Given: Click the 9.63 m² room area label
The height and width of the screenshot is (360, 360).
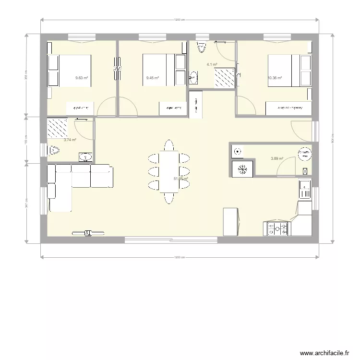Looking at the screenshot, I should [82, 78].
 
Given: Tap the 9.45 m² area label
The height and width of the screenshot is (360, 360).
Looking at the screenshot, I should [153, 78].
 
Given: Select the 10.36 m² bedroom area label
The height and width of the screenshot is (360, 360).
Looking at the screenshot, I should [275, 78].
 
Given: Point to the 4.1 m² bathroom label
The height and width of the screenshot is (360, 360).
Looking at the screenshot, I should [212, 64].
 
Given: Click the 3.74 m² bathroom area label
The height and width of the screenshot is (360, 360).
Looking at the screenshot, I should [70, 140].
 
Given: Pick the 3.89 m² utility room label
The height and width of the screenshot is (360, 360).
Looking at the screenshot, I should [277, 158].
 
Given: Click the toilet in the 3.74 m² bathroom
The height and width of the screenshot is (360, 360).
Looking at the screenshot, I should [54, 151].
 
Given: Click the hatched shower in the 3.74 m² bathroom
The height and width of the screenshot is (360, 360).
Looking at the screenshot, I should [57, 127].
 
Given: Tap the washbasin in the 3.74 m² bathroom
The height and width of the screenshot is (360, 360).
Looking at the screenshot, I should [85, 156].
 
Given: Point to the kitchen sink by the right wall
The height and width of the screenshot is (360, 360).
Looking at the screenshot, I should [304, 189].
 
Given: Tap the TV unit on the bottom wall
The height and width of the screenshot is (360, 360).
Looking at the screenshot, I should [88, 233].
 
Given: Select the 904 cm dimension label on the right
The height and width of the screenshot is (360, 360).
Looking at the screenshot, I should [332, 138].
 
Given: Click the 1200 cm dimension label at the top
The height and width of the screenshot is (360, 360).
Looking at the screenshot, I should [180, 20].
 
